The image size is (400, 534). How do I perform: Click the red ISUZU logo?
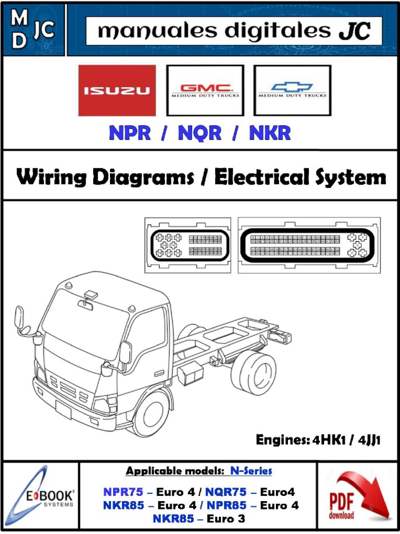(117, 90)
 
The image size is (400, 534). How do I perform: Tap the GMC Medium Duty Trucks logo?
(205, 90)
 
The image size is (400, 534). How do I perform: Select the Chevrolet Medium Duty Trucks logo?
(292, 90)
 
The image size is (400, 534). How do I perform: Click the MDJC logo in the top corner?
(33, 30)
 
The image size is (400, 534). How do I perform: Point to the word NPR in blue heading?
(130, 133)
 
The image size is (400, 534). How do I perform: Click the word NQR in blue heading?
(199, 133)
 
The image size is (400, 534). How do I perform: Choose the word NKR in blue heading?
(269, 133)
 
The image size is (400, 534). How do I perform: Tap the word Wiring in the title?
(51, 177)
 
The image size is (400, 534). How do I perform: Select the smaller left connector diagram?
(187, 245)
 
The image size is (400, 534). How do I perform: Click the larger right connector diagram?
(309, 245)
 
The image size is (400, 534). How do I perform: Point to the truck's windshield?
(83, 323)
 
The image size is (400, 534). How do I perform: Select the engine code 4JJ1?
(368, 441)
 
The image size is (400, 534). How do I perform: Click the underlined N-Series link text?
(251, 471)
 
